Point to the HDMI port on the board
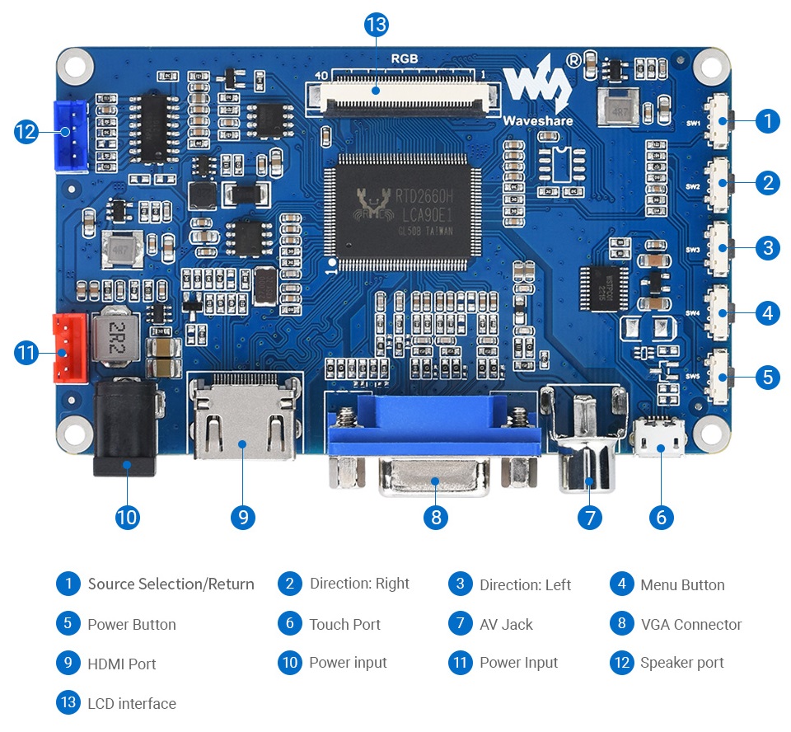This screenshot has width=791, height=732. tap(244, 420)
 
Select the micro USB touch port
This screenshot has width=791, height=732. tap(659, 438)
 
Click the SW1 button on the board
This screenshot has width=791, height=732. tap(721, 122)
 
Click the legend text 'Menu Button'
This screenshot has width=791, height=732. tap(682, 584)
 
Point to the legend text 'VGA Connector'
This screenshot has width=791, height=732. tap(691, 624)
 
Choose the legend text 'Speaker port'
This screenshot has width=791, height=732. tap(681, 662)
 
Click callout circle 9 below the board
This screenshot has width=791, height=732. tap(243, 517)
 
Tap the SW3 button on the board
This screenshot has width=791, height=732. tap(721, 247)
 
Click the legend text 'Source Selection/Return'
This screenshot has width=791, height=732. tap(171, 584)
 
